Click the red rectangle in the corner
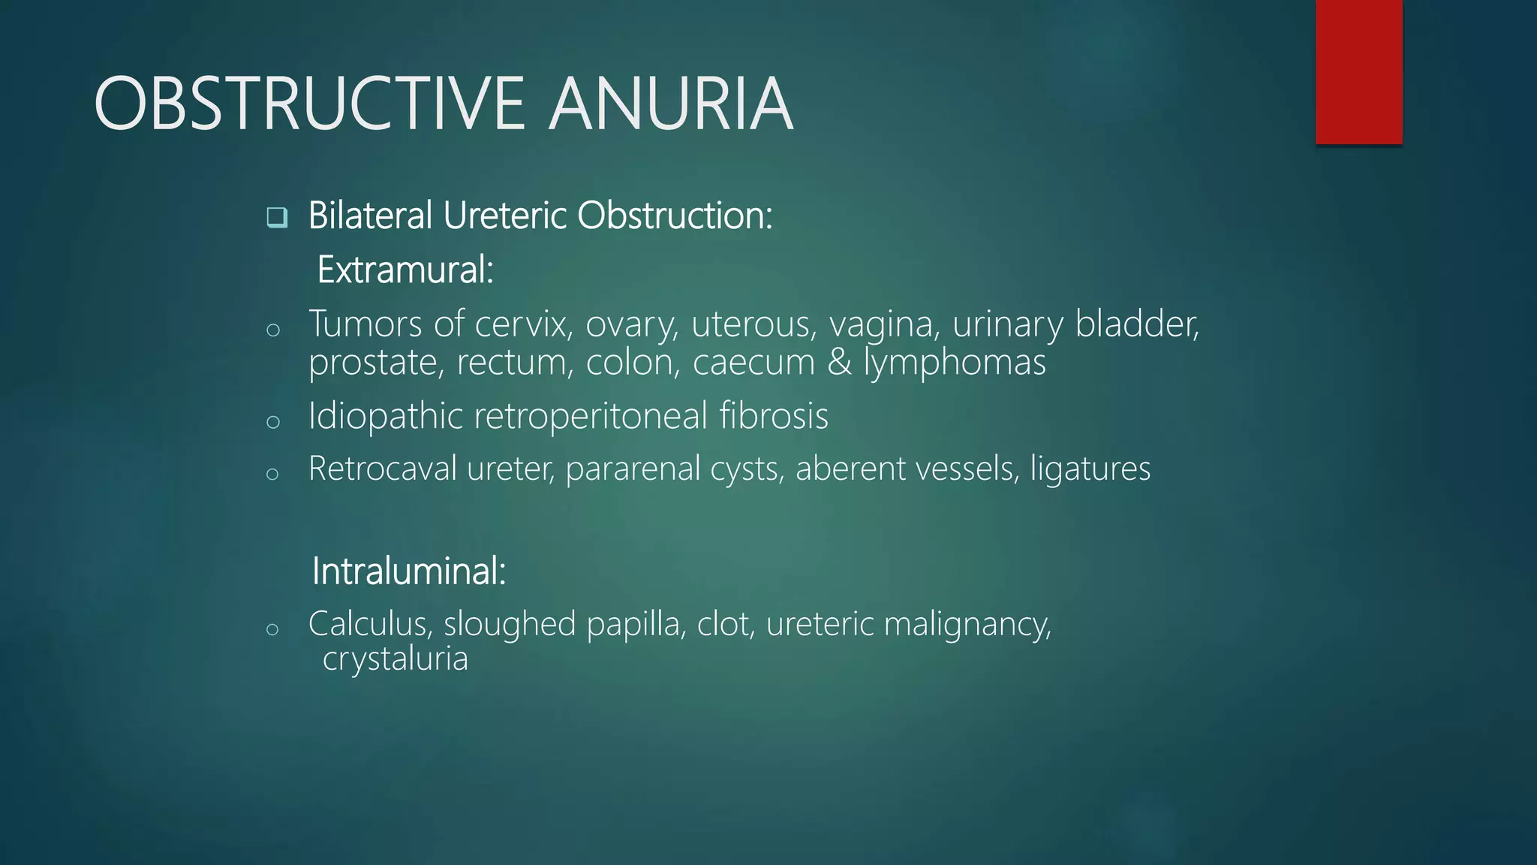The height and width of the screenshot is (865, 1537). coord(1358,71)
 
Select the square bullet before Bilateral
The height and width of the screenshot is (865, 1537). coord(277,218)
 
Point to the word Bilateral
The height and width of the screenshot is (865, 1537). coord(370,215)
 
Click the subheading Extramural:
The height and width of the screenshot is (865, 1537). coord(405,270)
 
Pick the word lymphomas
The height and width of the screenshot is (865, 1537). coord(955,363)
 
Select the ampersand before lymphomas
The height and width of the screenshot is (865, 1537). coord(839,363)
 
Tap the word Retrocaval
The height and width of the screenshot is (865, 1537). coord(382,469)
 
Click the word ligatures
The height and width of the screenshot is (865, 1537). coord(1090,469)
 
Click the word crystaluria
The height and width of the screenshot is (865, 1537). coord(396,659)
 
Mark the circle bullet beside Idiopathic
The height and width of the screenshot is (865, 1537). coord(272,421)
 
